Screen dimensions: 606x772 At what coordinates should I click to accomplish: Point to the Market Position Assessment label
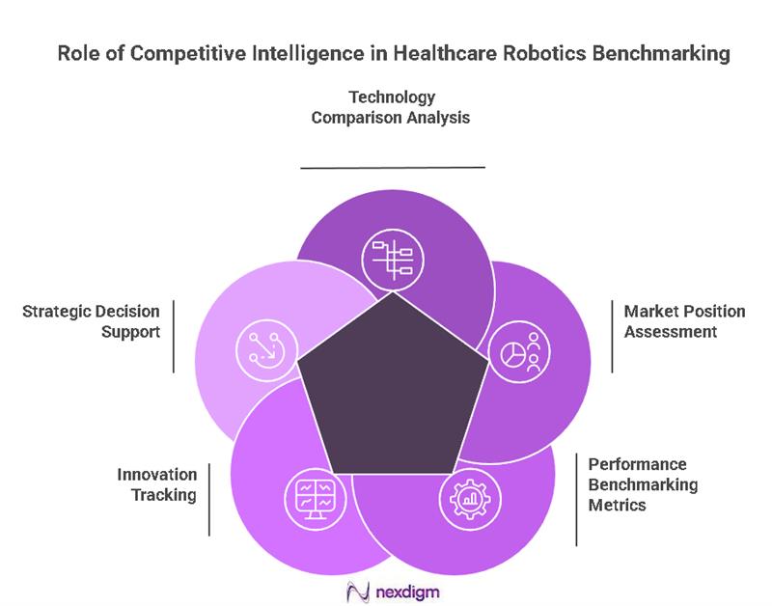click(x=684, y=321)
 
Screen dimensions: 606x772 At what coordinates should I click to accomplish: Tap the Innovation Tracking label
click(x=157, y=484)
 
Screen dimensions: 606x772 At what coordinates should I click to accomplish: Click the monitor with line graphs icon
click(x=315, y=498)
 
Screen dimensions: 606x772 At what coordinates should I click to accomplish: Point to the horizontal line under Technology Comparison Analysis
click(x=393, y=167)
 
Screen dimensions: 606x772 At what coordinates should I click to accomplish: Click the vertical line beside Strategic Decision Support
click(x=174, y=336)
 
